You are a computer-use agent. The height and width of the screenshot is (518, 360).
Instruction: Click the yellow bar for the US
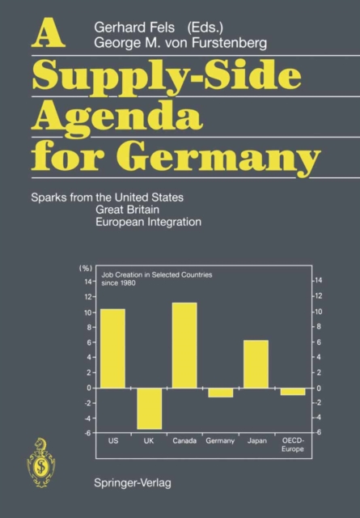[112, 348]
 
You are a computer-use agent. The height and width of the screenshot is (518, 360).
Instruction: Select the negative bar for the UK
[149, 408]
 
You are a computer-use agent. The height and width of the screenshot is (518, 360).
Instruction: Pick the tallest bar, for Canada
[184, 345]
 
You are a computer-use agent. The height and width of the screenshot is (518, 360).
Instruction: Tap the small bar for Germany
[220, 393]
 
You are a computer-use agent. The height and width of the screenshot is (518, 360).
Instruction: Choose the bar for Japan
[256, 363]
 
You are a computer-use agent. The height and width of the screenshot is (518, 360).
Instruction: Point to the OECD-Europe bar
[293, 392]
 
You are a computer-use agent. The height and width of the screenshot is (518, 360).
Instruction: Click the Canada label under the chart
[184, 440]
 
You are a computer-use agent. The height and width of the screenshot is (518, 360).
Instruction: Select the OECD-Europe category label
[293, 444]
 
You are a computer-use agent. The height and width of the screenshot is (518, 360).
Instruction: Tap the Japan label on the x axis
[256, 440]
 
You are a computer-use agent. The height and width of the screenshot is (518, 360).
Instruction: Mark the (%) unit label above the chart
[83, 267]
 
